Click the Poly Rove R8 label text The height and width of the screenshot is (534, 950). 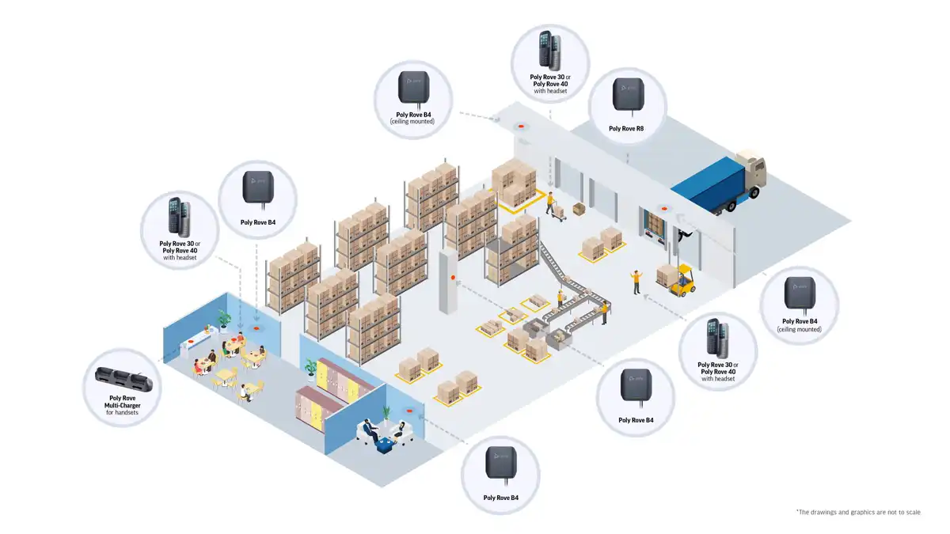(x=627, y=128)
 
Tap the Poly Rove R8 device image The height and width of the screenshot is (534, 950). (x=627, y=94)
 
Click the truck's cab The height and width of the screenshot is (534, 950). (x=752, y=172)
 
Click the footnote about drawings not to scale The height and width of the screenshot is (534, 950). (x=858, y=513)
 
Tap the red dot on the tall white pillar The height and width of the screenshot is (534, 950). (x=452, y=278)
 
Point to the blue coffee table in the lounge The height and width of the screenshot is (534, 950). (x=386, y=445)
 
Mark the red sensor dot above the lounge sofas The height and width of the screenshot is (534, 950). (x=409, y=411)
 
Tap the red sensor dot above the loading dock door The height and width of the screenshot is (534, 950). (x=663, y=210)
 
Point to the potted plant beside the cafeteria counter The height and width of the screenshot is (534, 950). (x=225, y=319)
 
